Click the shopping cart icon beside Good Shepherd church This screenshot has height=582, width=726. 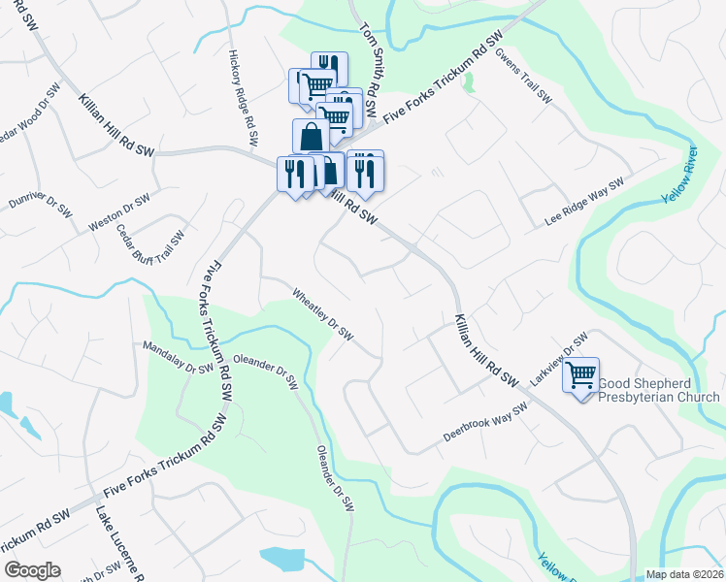pos(580,374)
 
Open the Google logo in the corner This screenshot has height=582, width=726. pos(32,570)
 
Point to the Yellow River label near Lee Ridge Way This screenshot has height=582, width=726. pos(679,175)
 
